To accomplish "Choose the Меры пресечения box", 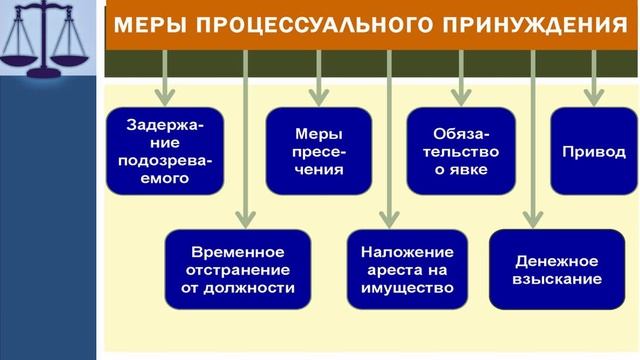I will point(319,151).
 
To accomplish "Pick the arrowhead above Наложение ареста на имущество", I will point(389,217).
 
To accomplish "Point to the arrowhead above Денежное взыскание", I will point(534,217).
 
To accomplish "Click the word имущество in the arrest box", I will point(400,287).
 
